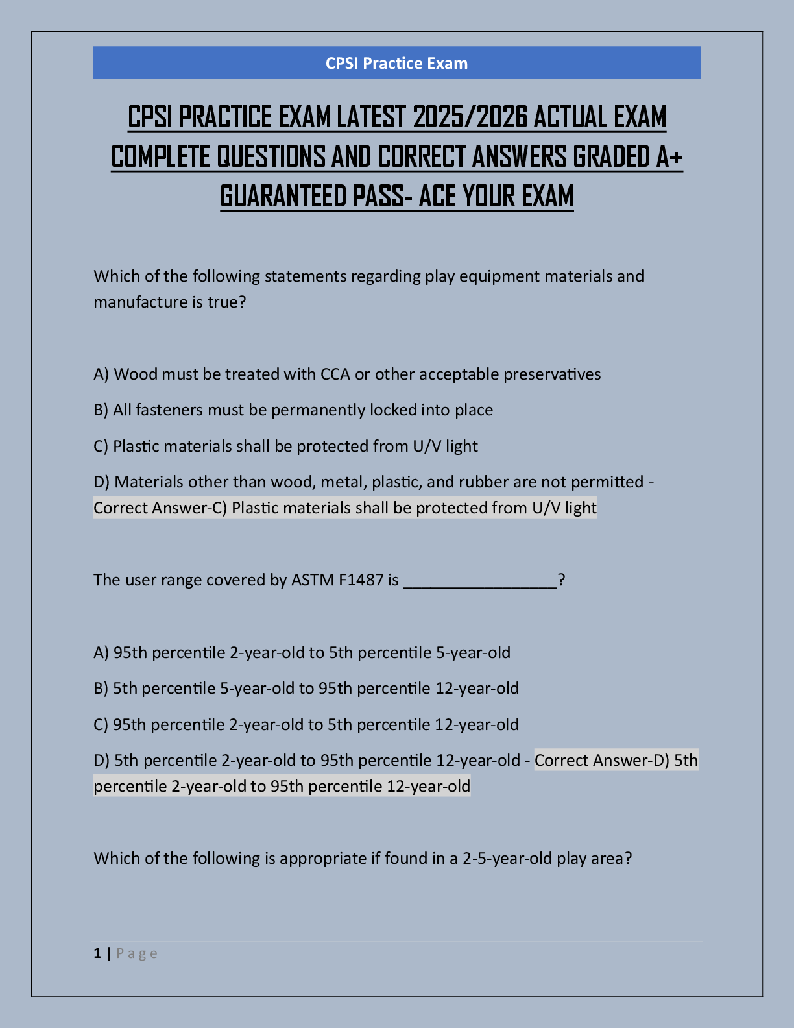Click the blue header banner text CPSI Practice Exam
pyautogui.click(x=396, y=63)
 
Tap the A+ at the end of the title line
pyautogui.click(x=669, y=157)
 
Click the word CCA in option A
pyautogui.click(x=335, y=374)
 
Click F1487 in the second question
pyautogui.click(x=361, y=580)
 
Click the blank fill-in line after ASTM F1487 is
pyautogui.click(x=480, y=581)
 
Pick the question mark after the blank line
pyautogui.click(x=561, y=580)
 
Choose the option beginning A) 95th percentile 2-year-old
pyautogui.click(x=302, y=653)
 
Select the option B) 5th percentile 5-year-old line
pyautogui.click(x=306, y=689)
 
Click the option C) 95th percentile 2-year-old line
pyautogui.click(x=306, y=725)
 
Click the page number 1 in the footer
pyautogui.click(x=97, y=953)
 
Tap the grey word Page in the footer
pyautogui.click(x=137, y=953)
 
